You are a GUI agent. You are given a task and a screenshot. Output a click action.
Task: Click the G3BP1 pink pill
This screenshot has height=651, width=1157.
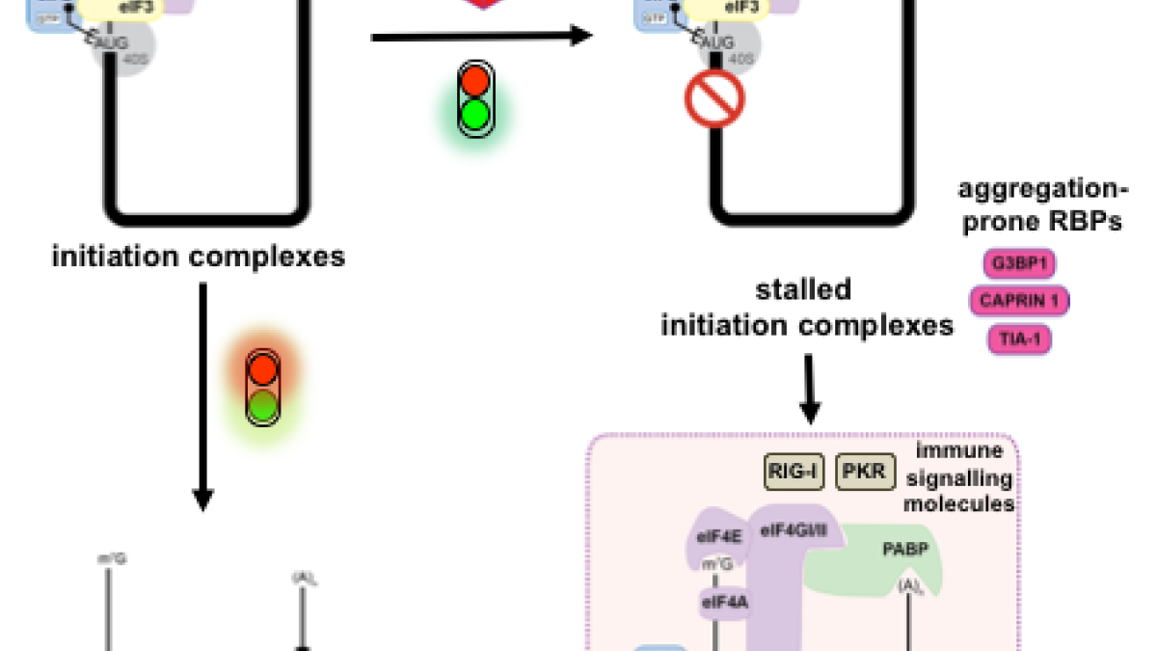pos(1018,262)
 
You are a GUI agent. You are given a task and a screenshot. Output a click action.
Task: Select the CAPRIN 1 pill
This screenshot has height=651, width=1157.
pos(1018,301)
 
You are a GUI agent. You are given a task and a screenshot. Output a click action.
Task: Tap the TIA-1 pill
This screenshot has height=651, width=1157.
pos(1018,339)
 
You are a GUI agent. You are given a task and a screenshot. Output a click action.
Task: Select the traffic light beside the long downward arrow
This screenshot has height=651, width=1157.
pos(263,391)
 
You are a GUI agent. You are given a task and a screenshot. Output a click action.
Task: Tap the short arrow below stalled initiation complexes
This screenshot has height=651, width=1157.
pos(811,392)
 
